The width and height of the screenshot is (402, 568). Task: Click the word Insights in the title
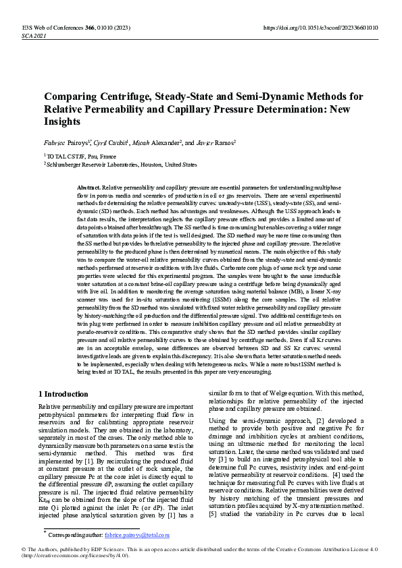63,122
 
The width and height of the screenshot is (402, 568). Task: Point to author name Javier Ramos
217,143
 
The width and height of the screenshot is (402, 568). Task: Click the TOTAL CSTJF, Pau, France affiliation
74,155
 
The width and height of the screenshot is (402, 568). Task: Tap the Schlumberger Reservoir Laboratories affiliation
122,164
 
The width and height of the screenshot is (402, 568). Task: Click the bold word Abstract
89,186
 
